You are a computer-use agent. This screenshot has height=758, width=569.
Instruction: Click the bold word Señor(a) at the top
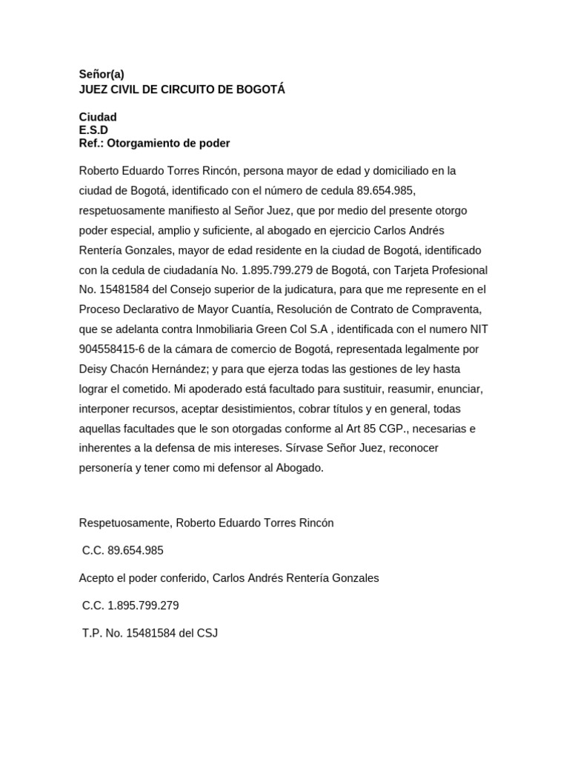pos(102,74)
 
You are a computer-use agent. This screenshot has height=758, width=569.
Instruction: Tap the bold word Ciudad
pos(98,118)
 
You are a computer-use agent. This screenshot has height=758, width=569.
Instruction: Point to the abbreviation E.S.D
pos(94,130)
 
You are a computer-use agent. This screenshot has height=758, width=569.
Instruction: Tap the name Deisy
pos(94,369)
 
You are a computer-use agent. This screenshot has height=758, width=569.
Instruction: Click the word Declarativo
pos(151,309)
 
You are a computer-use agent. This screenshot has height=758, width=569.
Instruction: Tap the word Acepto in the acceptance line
pos(96,577)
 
